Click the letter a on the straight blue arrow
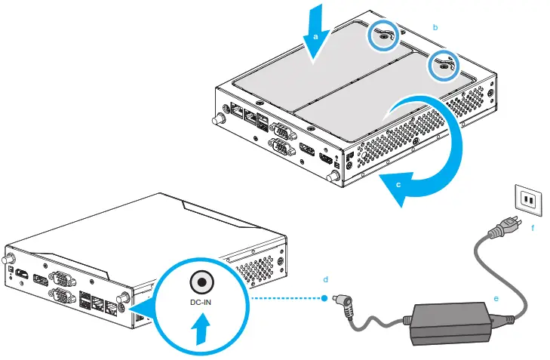(x=316, y=34)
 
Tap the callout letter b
(x=435, y=26)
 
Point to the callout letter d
(x=325, y=279)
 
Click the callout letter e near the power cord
(x=496, y=299)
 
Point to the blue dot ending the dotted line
(x=324, y=297)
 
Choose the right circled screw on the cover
(x=441, y=66)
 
